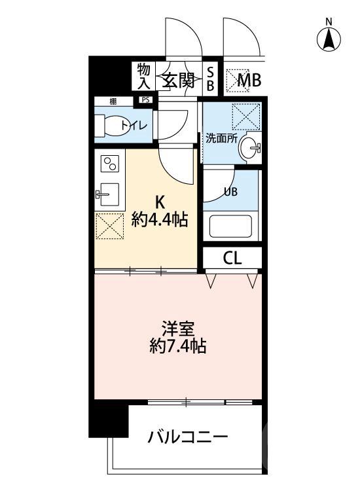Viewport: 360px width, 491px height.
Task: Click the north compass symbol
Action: tap(329, 37)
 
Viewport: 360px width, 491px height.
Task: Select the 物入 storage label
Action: tap(144, 75)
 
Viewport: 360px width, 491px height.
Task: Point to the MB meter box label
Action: tap(249, 81)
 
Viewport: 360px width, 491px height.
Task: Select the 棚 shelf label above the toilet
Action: tap(113, 100)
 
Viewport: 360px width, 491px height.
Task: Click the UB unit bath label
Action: tap(231, 192)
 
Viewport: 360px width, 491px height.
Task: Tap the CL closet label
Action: tap(232, 257)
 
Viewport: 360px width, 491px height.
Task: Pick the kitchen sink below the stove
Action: tap(108, 194)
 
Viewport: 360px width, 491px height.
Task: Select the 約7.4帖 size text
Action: tap(177, 346)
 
